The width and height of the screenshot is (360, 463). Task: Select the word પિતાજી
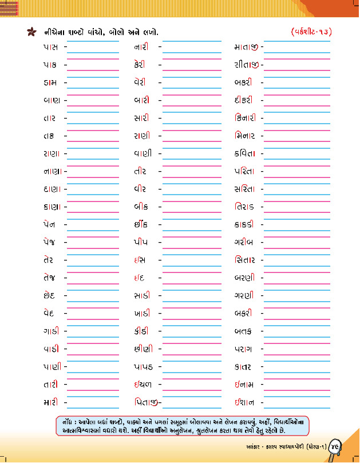pyautogui.click(x=147, y=402)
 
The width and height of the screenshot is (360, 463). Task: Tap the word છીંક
pyautogui.click(x=141, y=225)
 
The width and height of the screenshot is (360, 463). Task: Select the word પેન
pyautogui.click(x=50, y=225)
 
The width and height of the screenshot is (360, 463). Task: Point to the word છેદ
pyautogui.click(x=50, y=296)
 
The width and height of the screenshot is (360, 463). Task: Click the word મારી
pyautogui.click(x=50, y=402)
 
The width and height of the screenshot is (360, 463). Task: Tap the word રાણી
pyautogui.click(x=141, y=136)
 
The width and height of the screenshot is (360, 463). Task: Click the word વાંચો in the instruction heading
pyautogui.click(x=93, y=31)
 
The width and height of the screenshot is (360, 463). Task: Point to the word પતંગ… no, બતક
pyautogui.click(x=243, y=331)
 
